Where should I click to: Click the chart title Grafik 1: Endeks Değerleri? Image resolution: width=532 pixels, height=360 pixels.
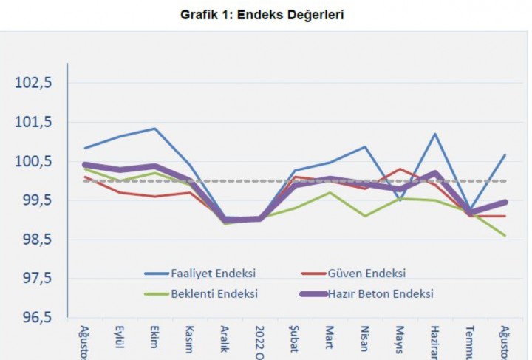click(x=262, y=13)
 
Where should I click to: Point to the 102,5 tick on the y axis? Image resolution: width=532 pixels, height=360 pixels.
click(x=34, y=83)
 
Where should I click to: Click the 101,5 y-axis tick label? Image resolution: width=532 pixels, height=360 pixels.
click(x=34, y=122)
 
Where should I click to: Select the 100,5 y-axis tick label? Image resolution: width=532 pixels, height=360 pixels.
click(x=34, y=161)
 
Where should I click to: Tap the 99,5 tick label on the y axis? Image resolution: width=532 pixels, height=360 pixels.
click(x=35, y=200)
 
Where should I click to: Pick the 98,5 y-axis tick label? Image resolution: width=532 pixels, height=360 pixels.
click(x=35, y=240)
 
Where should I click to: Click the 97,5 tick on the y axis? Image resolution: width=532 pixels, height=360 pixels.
click(x=35, y=279)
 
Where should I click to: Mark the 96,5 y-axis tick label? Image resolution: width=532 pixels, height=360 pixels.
click(x=35, y=318)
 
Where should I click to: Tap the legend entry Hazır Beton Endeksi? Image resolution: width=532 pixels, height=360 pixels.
click(x=379, y=293)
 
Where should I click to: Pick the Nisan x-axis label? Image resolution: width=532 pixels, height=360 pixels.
click(x=365, y=336)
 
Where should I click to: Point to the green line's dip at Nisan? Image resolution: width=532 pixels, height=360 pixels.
click(x=365, y=216)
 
